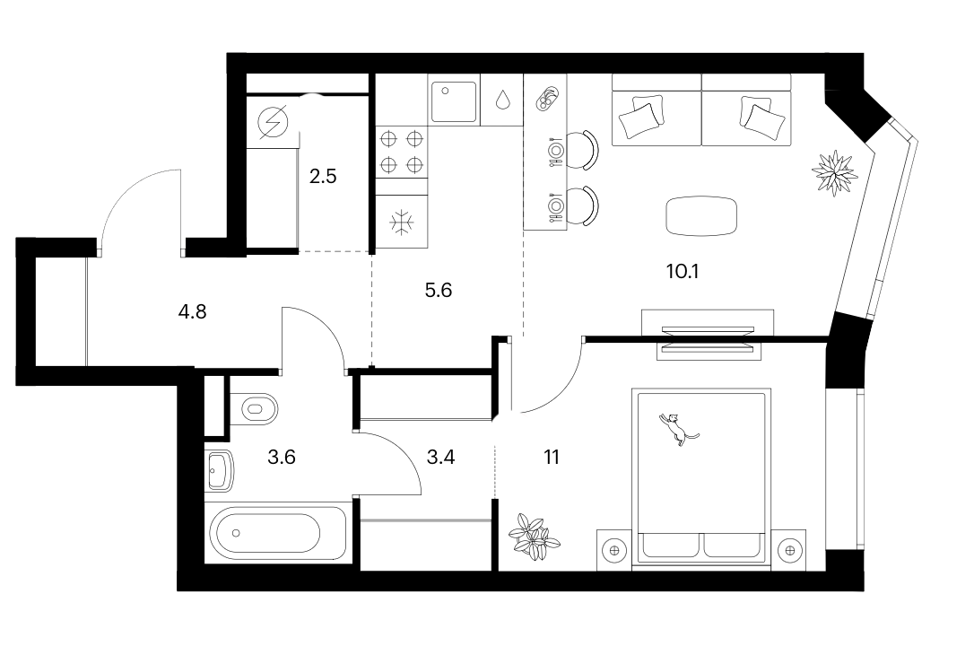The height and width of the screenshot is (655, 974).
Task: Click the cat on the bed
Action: pyautogui.click(x=677, y=429)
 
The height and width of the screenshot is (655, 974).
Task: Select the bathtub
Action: pyautogui.click(x=277, y=533)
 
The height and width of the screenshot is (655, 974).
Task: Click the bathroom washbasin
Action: pyautogui.click(x=219, y=470)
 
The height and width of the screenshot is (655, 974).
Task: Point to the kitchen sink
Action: pyautogui.click(x=454, y=101)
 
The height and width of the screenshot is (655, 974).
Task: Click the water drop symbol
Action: pyautogui.click(x=502, y=100)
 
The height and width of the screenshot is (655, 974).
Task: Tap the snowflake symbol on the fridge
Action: pyautogui.click(x=402, y=222)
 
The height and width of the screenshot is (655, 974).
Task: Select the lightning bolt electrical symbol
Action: pyautogui.click(x=273, y=122)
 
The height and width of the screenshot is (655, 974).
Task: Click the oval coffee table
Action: pyautogui.click(x=701, y=215)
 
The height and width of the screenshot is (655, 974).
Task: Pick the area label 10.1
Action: pyautogui.click(x=683, y=272)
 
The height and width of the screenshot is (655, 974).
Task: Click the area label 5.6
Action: pyautogui.click(x=439, y=290)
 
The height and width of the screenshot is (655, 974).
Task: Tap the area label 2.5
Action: pyautogui.click(x=323, y=177)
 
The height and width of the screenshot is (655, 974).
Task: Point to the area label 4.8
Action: pyautogui.click(x=193, y=311)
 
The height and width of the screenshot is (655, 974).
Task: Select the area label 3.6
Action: pyautogui.click(x=282, y=458)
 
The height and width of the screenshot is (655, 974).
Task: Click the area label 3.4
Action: pyautogui.click(x=441, y=458)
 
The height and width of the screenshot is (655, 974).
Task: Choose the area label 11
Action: pyautogui.click(x=552, y=458)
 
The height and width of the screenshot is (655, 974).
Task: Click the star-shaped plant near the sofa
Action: pyautogui.click(x=834, y=172)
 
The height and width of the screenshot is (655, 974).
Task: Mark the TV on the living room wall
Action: pyautogui.click(x=709, y=329)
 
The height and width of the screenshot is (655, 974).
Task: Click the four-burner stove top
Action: pyautogui.click(x=401, y=152)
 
